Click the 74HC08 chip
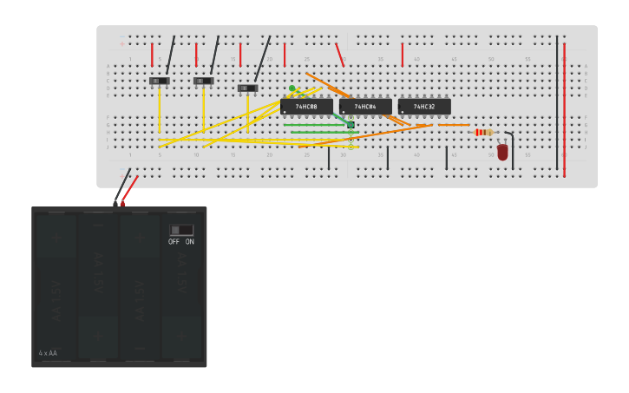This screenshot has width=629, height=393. pos(306,107)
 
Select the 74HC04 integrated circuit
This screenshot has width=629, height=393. pos(365,107)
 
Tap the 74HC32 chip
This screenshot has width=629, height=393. pos(424,107)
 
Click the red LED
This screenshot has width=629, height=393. pos(502,152)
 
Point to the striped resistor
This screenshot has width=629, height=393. pos(483,132)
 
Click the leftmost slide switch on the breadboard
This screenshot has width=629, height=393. pos(159,81)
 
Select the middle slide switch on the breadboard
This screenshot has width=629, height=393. pos(203,81)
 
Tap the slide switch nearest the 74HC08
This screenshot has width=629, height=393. pos(247,88)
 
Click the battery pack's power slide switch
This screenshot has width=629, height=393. pos(181,230)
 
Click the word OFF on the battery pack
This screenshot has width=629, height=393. pos(174,242)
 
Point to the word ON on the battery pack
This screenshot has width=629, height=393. pos(189,242)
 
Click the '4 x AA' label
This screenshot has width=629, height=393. pos(48,353)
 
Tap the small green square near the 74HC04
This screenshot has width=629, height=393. pos(351,125)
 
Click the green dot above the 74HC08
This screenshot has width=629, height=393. pos(292,88)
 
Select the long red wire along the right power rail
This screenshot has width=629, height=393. pos(564,108)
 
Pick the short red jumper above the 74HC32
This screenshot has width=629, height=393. pos(402,54)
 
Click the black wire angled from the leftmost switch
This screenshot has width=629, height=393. pos(170,56)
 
